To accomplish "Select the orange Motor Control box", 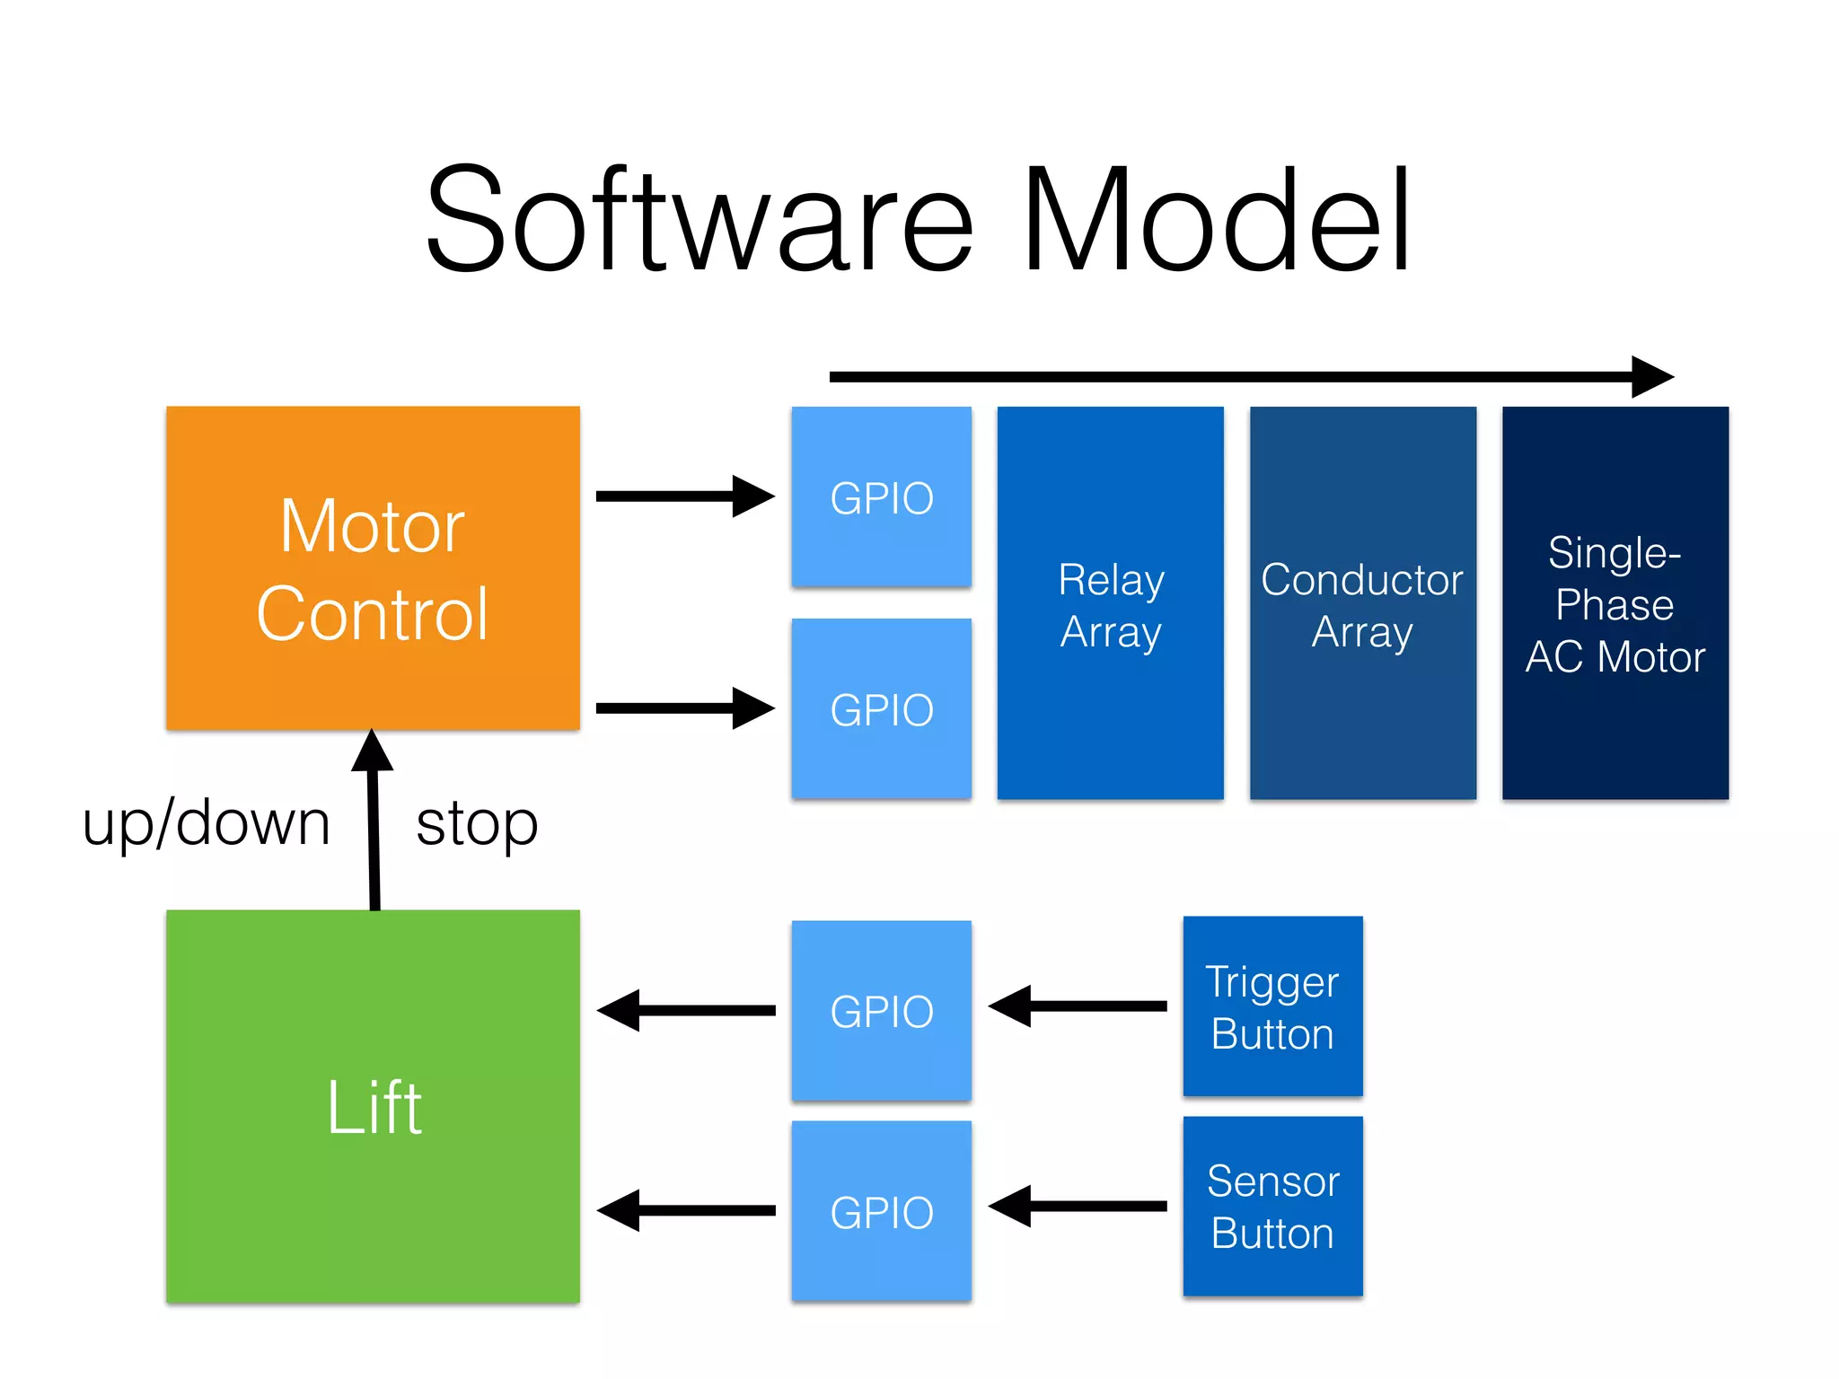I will click(x=373, y=567).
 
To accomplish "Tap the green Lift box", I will click(x=373, y=1106).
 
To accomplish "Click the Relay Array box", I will click(x=1110, y=603).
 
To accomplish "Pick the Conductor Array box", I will click(x=1362, y=603).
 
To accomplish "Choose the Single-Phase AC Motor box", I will click(x=1615, y=603).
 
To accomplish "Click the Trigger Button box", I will click(x=1272, y=1006).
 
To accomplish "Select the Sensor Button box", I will click(x=1272, y=1207).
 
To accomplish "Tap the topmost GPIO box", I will click(x=881, y=496).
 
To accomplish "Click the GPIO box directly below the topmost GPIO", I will click(x=881, y=708).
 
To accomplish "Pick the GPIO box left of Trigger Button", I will click(x=881, y=1011).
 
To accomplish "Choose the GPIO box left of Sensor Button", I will click(x=881, y=1211).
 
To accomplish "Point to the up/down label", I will click(x=206, y=823).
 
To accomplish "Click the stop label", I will click(x=477, y=823).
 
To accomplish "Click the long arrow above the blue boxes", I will click(x=1248, y=377).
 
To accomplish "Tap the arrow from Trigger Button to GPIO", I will click(x=1078, y=1006).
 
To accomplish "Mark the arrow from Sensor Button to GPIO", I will click(x=1078, y=1207).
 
